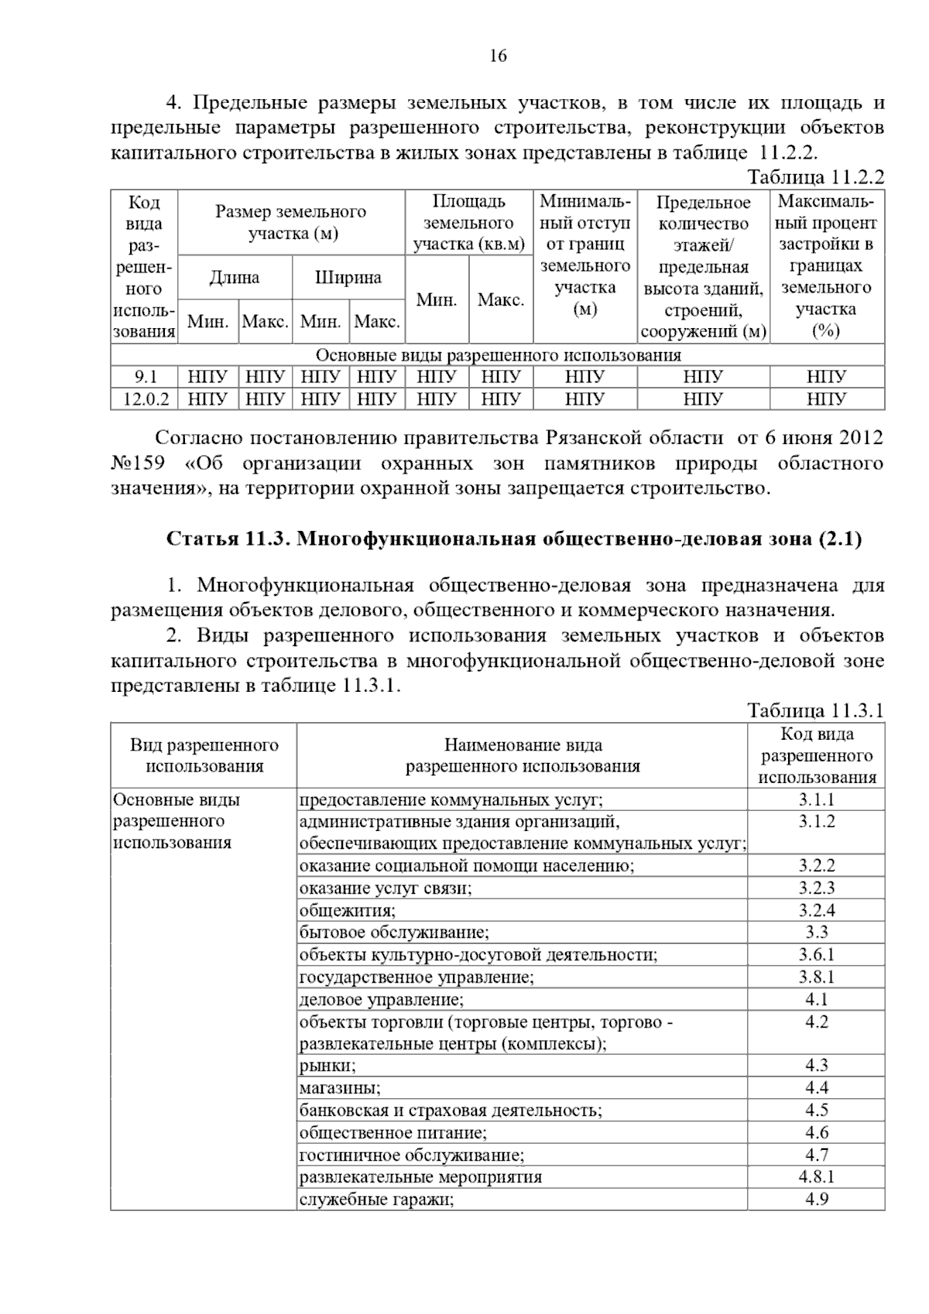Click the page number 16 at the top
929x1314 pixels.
[x=498, y=56]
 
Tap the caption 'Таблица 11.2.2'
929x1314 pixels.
[x=815, y=177]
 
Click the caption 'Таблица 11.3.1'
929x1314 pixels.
[x=815, y=710]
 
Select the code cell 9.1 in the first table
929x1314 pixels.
[x=145, y=377]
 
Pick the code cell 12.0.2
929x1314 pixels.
[x=145, y=399]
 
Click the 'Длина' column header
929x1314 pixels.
[x=235, y=277]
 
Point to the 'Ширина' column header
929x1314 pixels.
[x=348, y=277]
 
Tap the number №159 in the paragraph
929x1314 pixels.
[x=138, y=464]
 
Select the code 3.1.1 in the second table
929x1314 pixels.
[x=817, y=799]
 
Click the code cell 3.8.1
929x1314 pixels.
[x=817, y=977]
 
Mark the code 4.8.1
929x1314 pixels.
[x=817, y=1177]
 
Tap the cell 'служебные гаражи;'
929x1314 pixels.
[x=376, y=1199]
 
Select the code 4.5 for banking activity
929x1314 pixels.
[x=817, y=1110]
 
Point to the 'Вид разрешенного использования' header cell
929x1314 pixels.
[x=204, y=755]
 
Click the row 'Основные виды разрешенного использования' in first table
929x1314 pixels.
[x=498, y=355]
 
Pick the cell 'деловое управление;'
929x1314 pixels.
[x=382, y=1000]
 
